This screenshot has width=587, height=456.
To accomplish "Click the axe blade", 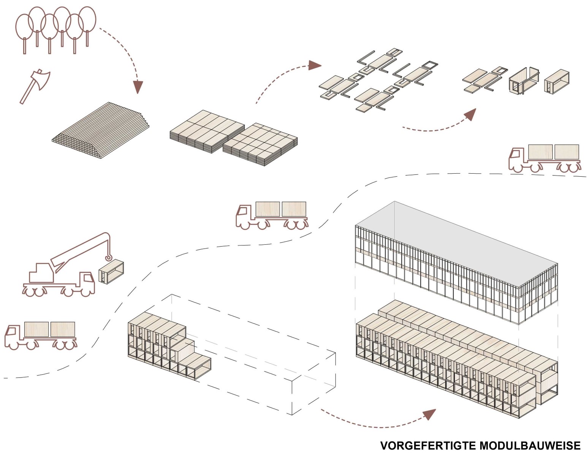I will pyautogui.click(x=42, y=78).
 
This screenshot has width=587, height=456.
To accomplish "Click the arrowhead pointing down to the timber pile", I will pyautogui.click(x=138, y=87).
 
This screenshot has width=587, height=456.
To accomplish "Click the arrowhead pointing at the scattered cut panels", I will pyautogui.click(x=315, y=65).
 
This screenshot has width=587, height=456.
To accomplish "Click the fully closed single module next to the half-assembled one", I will pyautogui.click(x=557, y=80).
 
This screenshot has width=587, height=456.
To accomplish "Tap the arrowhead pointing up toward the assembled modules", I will pyautogui.click(x=471, y=114).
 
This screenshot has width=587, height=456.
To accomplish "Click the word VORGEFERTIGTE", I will pyautogui.click(x=427, y=445).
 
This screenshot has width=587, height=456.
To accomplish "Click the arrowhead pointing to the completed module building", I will pyautogui.click(x=430, y=414).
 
